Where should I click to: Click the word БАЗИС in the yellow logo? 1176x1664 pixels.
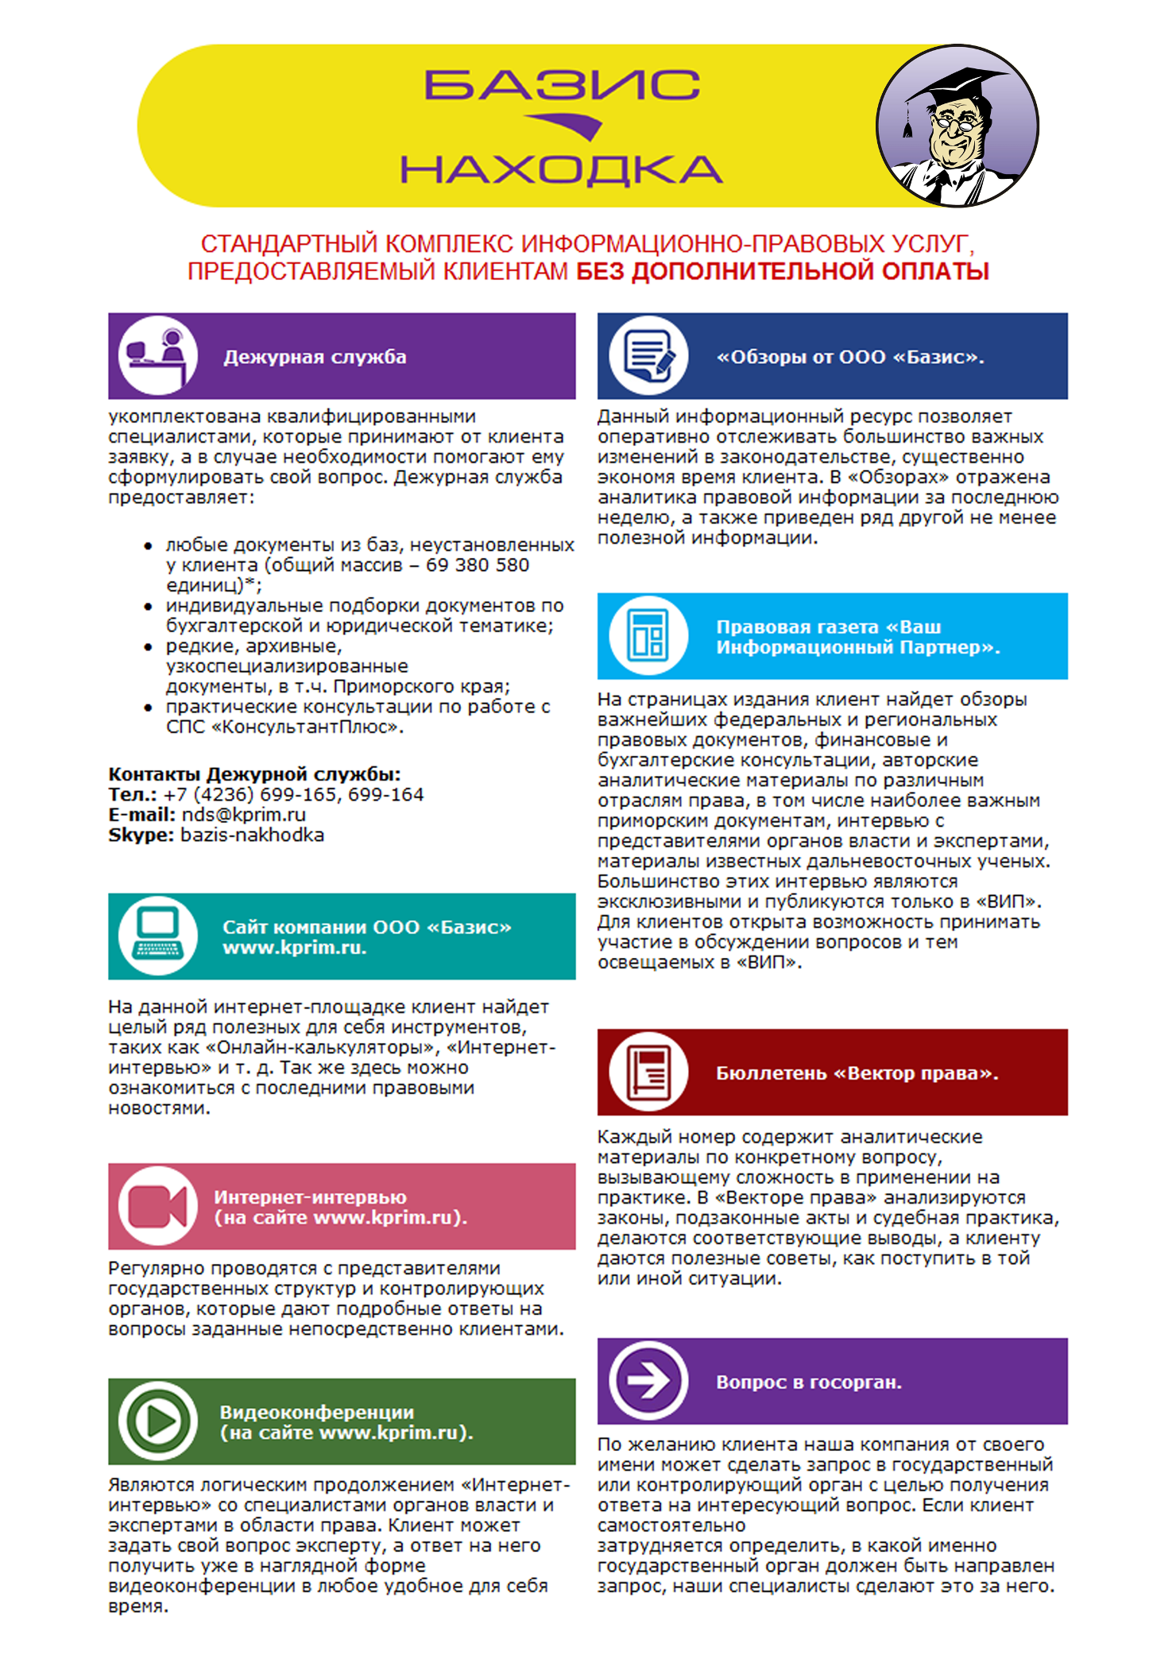point(562,85)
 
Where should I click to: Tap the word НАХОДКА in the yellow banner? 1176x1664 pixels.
point(561,169)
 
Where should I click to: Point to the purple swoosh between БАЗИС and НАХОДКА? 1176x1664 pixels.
point(566,126)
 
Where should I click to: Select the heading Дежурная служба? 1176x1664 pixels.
point(315,357)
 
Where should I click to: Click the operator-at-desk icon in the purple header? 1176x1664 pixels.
point(157,355)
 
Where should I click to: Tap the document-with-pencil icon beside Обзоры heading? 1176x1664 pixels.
point(648,355)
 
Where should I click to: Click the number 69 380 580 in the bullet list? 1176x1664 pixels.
point(478,565)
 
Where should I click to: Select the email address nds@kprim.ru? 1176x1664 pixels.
point(244,815)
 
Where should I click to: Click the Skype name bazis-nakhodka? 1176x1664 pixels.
point(253,835)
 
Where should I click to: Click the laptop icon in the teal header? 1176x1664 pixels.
point(157,936)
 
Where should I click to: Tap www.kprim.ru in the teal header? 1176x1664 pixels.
point(294,948)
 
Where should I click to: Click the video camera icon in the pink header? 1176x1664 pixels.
point(157,1206)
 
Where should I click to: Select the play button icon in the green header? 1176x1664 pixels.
point(157,1422)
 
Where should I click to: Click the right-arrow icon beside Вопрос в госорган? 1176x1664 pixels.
point(648,1381)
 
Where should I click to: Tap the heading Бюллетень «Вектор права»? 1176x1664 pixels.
point(857,1073)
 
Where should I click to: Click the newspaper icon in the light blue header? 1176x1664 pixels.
point(648,635)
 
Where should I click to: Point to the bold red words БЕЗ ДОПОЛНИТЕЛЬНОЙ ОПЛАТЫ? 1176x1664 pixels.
point(782,272)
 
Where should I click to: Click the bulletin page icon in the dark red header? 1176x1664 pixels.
point(648,1072)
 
